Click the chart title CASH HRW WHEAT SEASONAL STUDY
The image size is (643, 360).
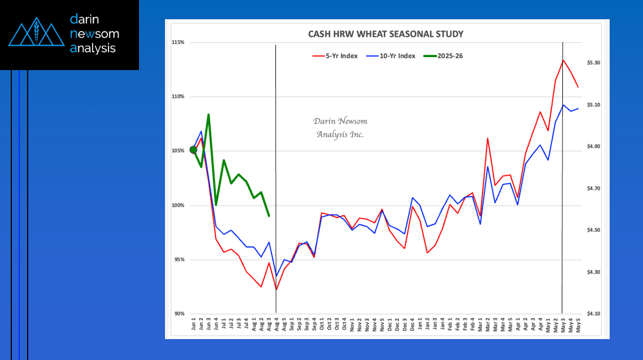385,34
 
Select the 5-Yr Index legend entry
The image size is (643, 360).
335,56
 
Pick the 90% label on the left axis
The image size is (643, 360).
179,314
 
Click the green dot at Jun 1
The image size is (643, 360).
193,150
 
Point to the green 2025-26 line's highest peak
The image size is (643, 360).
208,115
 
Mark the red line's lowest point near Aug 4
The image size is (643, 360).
276,289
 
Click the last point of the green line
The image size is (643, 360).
269,216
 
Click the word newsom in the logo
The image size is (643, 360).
94,34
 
